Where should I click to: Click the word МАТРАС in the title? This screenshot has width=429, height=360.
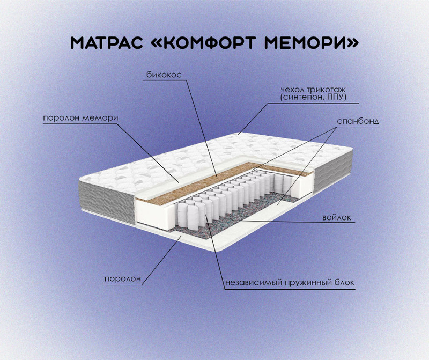pyautogui.click(x=107, y=43)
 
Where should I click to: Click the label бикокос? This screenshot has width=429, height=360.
pyautogui.click(x=164, y=75)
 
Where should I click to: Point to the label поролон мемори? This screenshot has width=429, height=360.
pyautogui.click(x=81, y=118)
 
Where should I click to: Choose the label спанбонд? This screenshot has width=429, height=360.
pyautogui.click(x=358, y=121)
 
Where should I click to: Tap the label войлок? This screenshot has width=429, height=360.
pyautogui.click(x=337, y=218)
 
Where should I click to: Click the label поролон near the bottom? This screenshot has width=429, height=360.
pyautogui.click(x=123, y=278)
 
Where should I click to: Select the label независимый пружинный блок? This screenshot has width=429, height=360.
pyautogui.click(x=290, y=283)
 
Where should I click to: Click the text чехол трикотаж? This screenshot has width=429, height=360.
pyautogui.click(x=313, y=90)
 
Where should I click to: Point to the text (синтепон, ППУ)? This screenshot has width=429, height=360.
pyautogui.click(x=313, y=97)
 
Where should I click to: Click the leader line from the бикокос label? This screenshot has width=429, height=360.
pyautogui.click(x=202, y=129)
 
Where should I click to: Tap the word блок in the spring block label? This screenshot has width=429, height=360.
pyautogui.click(x=344, y=282)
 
